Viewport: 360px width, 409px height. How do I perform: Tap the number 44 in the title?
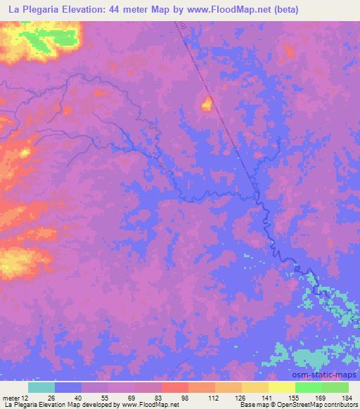pos(115,10)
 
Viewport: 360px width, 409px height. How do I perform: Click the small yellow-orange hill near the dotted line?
pos(207,105)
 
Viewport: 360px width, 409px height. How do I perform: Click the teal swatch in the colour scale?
pos(41,387)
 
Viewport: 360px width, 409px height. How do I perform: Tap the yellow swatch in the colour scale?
pos(281,387)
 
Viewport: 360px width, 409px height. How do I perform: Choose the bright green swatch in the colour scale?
pos(308,387)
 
